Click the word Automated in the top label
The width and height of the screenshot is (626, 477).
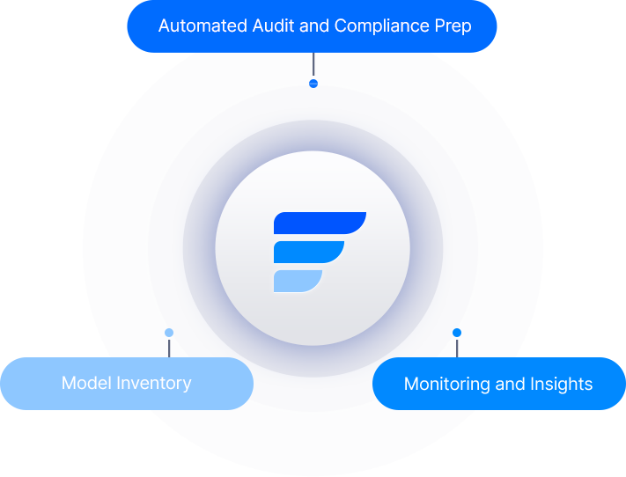pos(199,26)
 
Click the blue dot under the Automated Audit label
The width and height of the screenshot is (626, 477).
pos(313,84)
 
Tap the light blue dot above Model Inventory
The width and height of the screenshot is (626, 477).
pos(169,334)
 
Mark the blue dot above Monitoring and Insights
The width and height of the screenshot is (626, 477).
pos(457,333)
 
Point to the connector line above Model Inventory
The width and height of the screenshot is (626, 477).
pos(169,347)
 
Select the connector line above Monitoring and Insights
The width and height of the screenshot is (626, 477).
pos(457,347)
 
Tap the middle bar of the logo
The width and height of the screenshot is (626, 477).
pos(307,253)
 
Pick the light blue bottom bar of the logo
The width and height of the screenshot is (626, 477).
pos(297,281)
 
